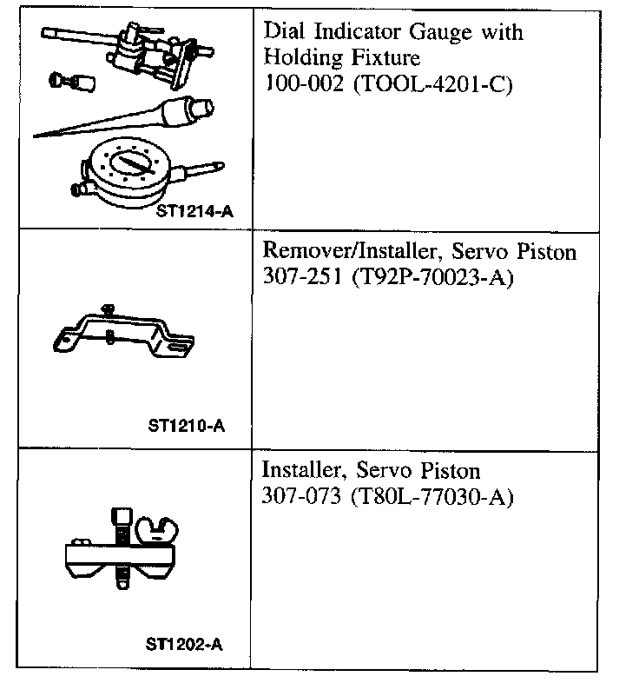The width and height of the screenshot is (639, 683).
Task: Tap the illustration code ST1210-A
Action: tap(186, 427)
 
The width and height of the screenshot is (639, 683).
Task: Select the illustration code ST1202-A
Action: tap(185, 645)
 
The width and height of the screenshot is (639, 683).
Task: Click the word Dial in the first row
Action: tap(280, 33)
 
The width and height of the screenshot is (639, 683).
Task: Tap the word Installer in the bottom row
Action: tap(299, 472)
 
